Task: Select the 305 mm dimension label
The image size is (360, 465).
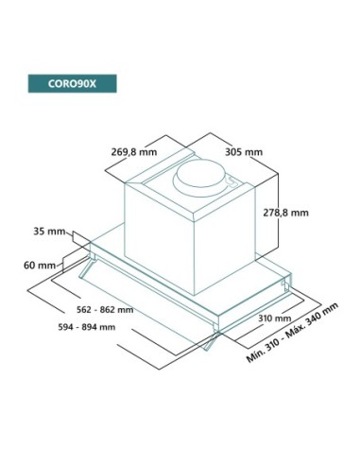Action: pyautogui.click(x=244, y=149)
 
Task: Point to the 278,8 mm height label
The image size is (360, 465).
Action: pyautogui.click(x=285, y=214)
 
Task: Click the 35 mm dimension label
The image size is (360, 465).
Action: pyautogui.click(x=49, y=231)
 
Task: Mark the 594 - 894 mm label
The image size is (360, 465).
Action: pyautogui.click(x=85, y=328)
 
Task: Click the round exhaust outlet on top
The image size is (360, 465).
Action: pyautogui.click(x=205, y=176)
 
